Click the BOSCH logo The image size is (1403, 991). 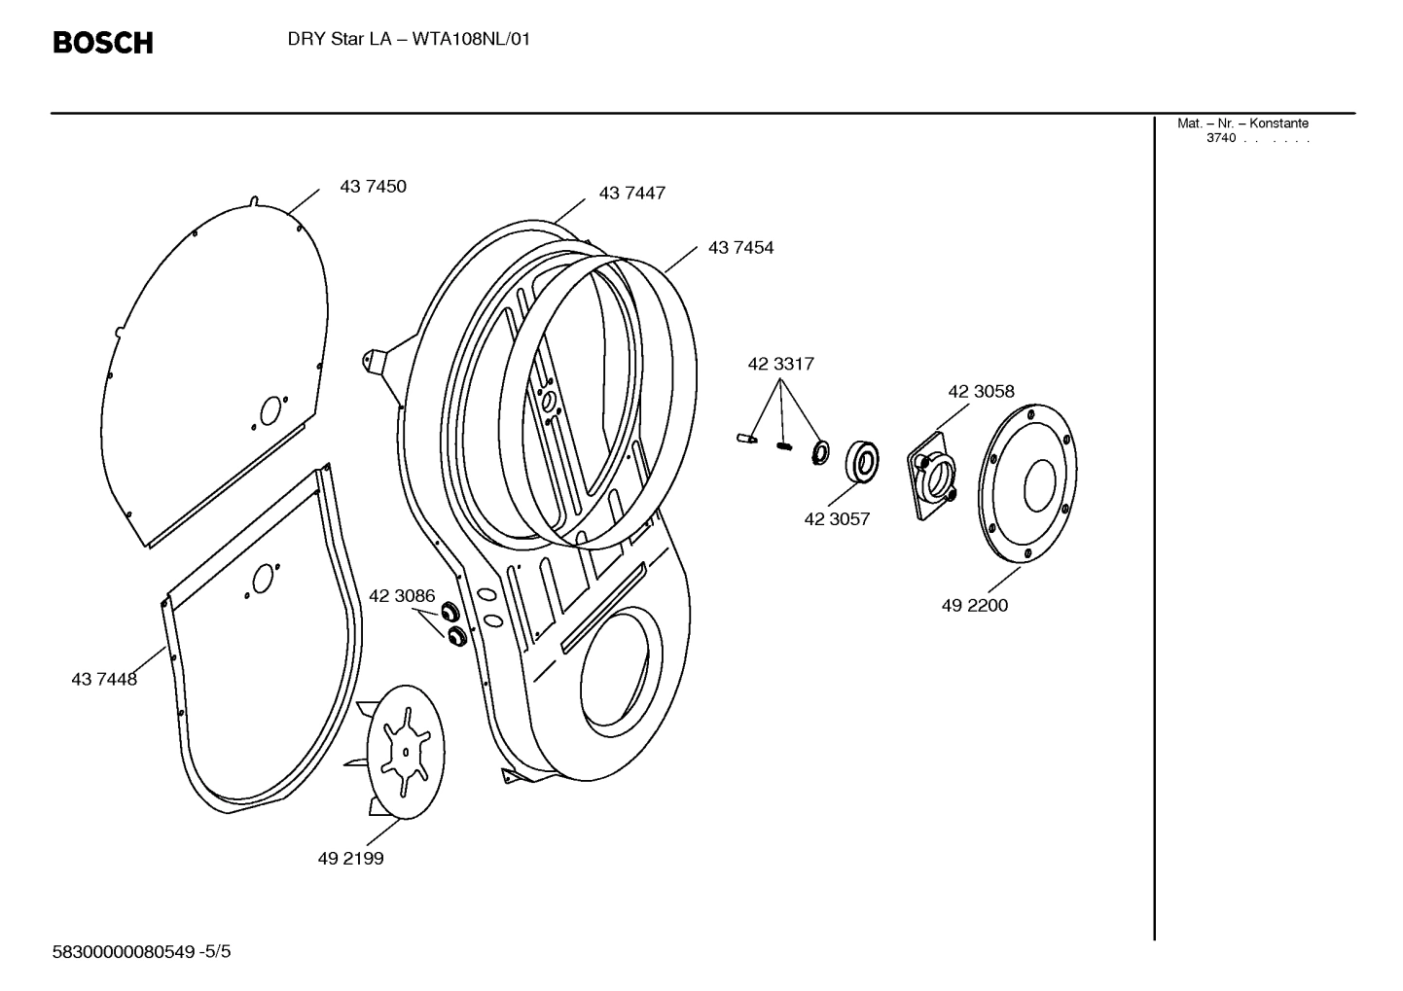coord(102,43)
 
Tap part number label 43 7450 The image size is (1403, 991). coord(373,187)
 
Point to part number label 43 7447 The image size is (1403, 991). coord(632,194)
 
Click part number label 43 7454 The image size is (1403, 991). coord(741,248)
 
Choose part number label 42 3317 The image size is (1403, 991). coord(780,364)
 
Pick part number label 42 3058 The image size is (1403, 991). coord(981,392)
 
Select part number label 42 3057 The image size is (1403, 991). coord(837,519)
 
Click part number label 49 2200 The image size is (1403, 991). coord(975,606)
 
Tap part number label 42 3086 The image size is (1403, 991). coord(402,596)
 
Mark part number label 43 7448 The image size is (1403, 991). coord(104,680)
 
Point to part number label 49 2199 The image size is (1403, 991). coord(350,859)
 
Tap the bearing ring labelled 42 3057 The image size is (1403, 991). coord(861,461)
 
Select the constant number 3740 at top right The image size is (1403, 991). coord(1221,138)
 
